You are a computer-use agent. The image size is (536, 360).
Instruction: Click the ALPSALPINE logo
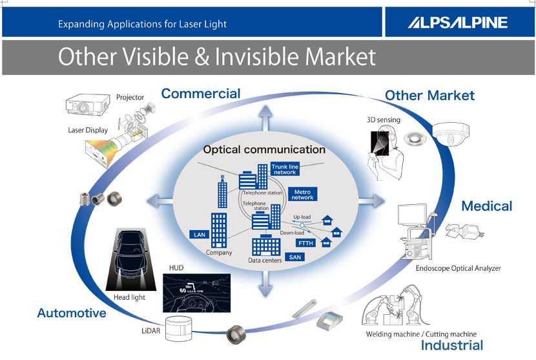(457, 23)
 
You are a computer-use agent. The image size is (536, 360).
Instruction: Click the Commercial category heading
(200, 94)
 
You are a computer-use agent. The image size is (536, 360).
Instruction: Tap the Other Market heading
(429, 96)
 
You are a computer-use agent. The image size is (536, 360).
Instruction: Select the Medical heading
(486, 206)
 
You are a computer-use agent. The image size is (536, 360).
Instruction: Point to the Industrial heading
(452, 346)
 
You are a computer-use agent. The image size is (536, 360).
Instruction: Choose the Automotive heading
(72, 313)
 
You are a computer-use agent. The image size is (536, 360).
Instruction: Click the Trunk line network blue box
(283, 169)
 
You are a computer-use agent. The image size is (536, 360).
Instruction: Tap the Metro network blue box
(302, 195)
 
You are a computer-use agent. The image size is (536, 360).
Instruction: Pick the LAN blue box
(198, 234)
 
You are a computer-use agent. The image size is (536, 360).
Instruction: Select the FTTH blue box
(305, 243)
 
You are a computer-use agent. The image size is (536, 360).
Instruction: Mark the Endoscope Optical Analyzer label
(458, 268)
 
